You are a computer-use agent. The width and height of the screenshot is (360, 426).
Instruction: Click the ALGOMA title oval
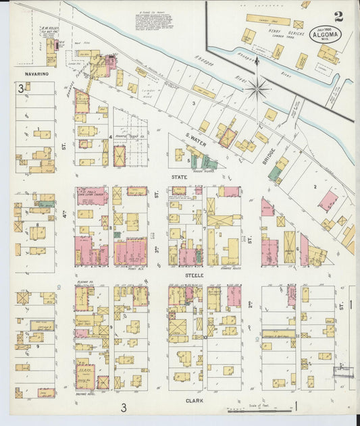click(x=326, y=34)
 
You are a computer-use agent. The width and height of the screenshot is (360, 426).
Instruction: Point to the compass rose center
click(x=257, y=87)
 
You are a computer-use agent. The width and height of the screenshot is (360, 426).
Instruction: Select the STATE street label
click(x=179, y=178)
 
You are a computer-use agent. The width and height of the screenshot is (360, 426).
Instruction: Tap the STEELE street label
click(x=195, y=275)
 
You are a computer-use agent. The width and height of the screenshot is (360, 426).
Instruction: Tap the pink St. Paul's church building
click(x=92, y=196)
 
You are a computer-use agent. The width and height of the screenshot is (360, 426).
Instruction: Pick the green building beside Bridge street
click(x=276, y=173)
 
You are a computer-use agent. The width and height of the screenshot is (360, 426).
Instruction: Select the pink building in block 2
click(x=328, y=200)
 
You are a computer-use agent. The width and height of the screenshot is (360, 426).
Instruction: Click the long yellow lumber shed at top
click(x=267, y=20)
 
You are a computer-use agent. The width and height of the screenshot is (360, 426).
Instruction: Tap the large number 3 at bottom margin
click(x=124, y=407)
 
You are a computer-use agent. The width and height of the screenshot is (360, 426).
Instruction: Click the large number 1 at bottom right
click(x=295, y=406)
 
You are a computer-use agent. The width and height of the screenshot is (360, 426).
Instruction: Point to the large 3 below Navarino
click(x=22, y=88)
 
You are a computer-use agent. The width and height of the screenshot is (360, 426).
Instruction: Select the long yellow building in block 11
click(x=278, y=334)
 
